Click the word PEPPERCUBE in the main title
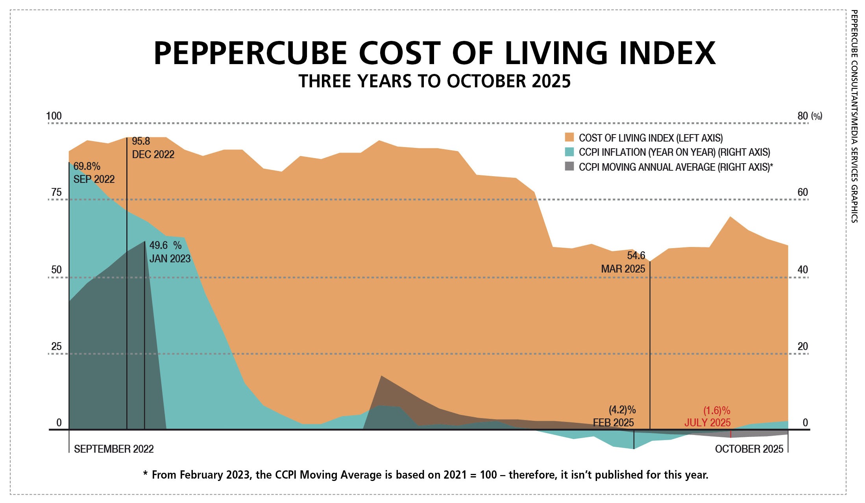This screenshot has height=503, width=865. (250, 53)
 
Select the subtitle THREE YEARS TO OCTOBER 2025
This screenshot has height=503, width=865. (434, 81)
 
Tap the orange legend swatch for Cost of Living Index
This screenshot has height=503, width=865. (569, 137)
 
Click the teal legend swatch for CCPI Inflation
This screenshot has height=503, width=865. (569, 152)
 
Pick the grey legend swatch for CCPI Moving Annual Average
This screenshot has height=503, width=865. (569, 166)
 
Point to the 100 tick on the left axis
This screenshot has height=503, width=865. (54, 116)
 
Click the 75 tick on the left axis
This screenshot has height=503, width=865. (56, 192)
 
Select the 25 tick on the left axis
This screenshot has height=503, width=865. (56, 346)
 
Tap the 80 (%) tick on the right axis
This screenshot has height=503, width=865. (809, 116)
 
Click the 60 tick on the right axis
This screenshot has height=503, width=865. (802, 192)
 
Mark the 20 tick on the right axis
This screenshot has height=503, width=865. (802, 346)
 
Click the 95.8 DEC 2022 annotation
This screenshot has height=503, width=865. (153, 148)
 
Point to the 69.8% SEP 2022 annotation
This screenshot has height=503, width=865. (94, 173)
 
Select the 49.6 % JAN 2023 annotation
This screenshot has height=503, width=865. (170, 252)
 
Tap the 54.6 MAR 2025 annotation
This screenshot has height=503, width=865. (623, 262)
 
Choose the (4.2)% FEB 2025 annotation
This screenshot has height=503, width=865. (614, 416)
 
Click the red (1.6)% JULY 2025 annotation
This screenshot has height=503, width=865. (708, 416)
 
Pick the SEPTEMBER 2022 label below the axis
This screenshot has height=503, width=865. (114, 449)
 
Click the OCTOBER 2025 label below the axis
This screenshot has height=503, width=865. (749, 449)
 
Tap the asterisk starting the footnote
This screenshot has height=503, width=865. (145, 474)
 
